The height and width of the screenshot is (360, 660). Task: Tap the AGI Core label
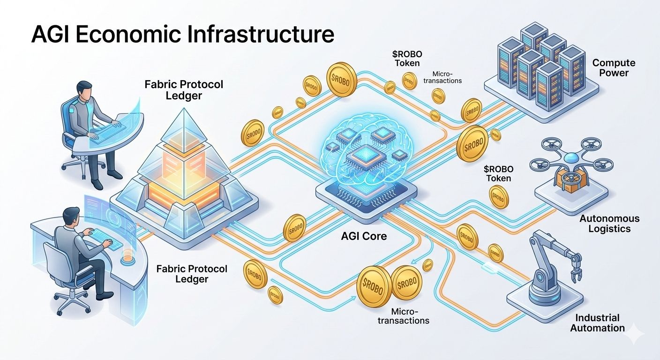click(364, 236)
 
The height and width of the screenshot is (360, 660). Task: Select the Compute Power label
click(614, 68)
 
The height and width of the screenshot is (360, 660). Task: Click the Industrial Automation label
click(597, 322)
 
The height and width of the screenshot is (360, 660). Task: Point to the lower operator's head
click(71, 216)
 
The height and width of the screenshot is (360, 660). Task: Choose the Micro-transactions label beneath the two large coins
click(411, 316)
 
